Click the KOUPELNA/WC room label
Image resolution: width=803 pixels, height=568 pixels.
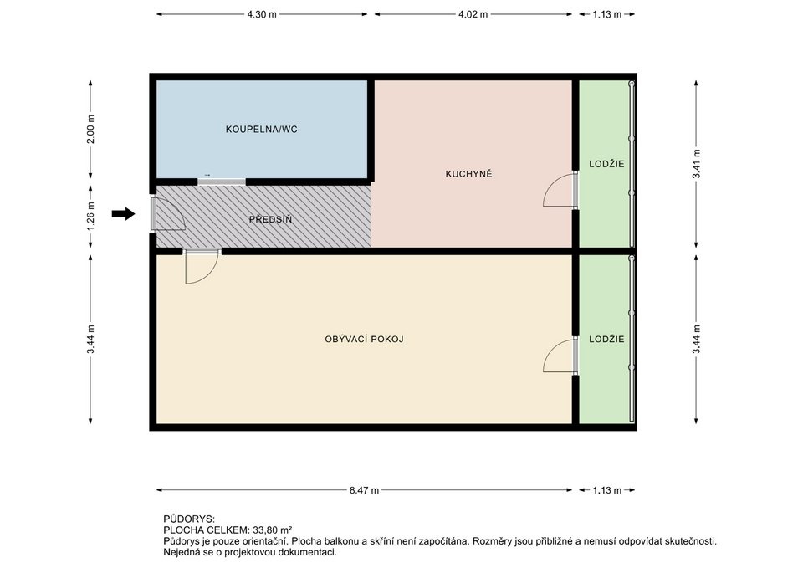coord(261,130)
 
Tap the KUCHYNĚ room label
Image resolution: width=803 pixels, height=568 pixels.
coord(468,174)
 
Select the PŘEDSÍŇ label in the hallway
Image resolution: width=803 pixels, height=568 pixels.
coord(270,219)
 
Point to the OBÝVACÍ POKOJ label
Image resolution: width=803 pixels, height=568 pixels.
coord(364,339)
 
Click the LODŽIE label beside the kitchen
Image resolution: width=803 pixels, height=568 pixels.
coord(606,165)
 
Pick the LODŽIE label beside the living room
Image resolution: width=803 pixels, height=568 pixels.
coord(606,339)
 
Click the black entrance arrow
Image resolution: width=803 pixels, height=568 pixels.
coord(124,213)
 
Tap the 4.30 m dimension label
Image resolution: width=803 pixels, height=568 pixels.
coord(262,14)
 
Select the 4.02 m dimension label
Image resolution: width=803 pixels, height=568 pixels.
coord(473,14)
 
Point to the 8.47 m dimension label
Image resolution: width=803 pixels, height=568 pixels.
coord(364,490)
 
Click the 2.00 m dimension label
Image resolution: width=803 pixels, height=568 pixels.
coord(90,130)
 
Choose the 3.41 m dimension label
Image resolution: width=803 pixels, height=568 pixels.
coord(696,165)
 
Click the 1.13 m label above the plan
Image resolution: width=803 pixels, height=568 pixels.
coord(607,14)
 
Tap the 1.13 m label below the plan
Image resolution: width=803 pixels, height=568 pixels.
coord(607,490)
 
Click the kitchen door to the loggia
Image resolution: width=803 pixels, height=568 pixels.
coord(560,190)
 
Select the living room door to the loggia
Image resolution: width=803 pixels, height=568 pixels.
coord(560,355)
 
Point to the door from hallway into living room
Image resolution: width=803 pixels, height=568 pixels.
coord(202,266)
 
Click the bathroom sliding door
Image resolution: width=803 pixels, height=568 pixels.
coord(221,182)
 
